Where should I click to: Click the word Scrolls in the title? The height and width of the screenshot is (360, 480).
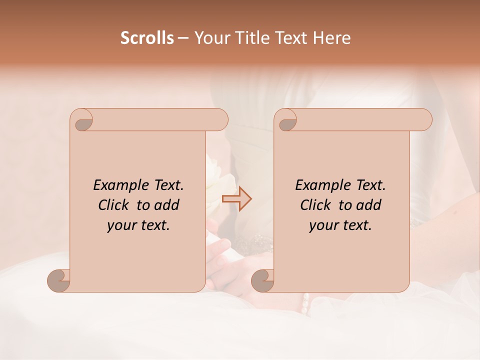[147, 38]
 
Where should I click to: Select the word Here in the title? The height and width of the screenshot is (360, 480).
[332, 38]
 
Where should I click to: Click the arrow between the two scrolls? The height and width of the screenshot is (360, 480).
[237, 199]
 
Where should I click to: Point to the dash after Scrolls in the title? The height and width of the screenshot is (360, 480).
[183, 38]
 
